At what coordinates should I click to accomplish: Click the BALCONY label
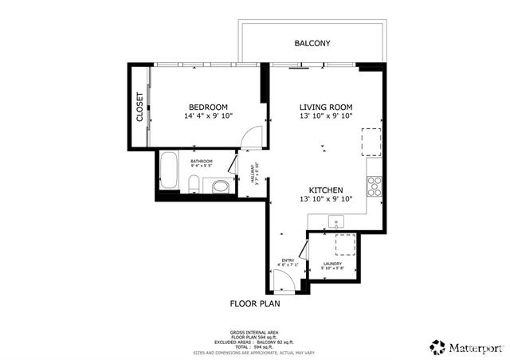pyautogui.click(x=312, y=43)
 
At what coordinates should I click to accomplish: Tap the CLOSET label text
pyautogui.click(x=139, y=107)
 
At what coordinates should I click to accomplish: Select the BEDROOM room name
pyautogui.click(x=208, y=108)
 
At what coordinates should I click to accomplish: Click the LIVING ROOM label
pyautogui.click(x=325, y=108)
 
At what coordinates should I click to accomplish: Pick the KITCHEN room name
pyautogui.click(x=326, y=190)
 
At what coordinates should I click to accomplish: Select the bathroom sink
pyautogui.click(x=221, y=186)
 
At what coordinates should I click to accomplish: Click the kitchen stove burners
pyautogui.click(x=375, y=186)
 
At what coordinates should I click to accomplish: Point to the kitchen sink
pyautogui.click(x=338, y=221)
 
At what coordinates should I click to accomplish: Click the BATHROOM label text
pyautogui.click(x=201, y=161)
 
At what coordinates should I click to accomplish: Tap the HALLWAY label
pyautogui.click(x=253, y=180)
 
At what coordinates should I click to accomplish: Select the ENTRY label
pyautogui.click(x=288, y=260)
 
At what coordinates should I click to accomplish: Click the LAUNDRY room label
pyautogui.click(x=332, y=264)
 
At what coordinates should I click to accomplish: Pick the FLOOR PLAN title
pyautogui.click(x=255, y=303)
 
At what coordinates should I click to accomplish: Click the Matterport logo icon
pyautogui.click(x=436, y=346)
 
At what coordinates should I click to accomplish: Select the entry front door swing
pyautogui.click(x=284, y=280)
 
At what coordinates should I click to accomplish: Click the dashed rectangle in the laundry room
pyautogui.click(x=345, y=244)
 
